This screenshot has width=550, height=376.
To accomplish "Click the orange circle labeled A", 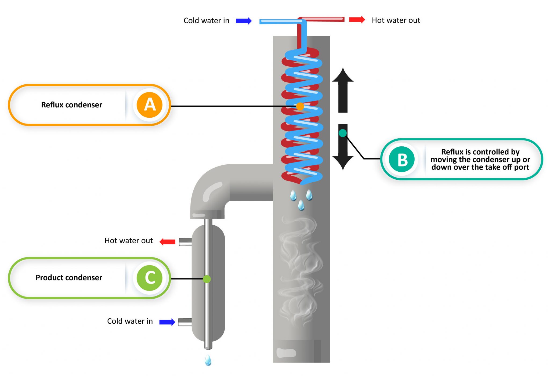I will click(x=149, y=105).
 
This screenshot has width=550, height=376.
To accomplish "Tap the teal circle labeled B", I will click(x=402, y=160).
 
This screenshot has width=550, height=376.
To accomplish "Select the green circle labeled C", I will click(x=149, y=278).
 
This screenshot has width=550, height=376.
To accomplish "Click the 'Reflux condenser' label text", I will click(x=71, y=105).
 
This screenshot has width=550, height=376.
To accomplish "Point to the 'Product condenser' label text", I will click(x=69, y=277).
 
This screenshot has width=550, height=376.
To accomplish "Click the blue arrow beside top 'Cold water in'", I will click(x=244, y=21).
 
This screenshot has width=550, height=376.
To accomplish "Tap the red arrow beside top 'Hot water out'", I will click(x=357, y=20).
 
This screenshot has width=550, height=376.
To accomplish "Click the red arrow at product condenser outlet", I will click(x=167, y=241).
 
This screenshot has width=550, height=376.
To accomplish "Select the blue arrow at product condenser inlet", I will click(x=167, y=322).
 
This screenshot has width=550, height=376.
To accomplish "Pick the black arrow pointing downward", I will click(x=343, y=150).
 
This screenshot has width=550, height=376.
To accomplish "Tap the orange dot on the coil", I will click(x=300, y=106).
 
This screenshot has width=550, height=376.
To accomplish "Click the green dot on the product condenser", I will click(x=207, y=279).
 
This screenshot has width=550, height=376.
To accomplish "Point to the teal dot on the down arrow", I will click(x=342, y=133).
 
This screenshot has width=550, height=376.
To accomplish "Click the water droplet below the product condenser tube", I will click(x=208, y=360).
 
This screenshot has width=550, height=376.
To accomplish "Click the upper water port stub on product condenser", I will click(x=185, y=242).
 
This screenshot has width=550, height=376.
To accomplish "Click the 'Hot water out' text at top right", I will click(x=396, y=20).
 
